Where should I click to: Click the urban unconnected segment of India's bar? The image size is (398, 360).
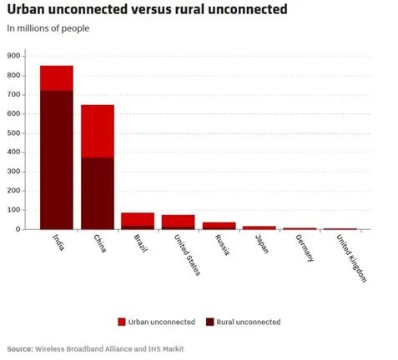click(57, 78)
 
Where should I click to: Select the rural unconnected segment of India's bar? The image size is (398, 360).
click(57, 160)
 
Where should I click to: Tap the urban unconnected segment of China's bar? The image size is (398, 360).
click(98, 131)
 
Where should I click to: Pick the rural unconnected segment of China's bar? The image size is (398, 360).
click(98, 193)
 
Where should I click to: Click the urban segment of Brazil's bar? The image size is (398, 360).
click(138, 219)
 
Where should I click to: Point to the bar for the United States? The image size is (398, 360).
click(178, 222)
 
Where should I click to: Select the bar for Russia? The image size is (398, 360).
click(219, 226)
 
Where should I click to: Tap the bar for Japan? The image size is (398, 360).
click(259, 227)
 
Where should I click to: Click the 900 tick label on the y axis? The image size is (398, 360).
click(13, 56)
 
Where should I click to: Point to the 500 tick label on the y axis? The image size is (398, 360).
click(13, 133)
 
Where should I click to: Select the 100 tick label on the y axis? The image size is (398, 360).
click(13, 210)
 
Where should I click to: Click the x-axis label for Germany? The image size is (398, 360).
click(305, 248)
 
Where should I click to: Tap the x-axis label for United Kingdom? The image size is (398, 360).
click(351, 258)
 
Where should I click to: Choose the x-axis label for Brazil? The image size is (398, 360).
click(140, 243)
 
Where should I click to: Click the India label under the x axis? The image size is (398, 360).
click(58, 242)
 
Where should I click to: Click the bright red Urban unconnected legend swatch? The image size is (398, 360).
click(122, 322)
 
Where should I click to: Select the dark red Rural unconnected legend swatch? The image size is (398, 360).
click(210, 322)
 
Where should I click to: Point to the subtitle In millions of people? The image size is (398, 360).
click(48, 28)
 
